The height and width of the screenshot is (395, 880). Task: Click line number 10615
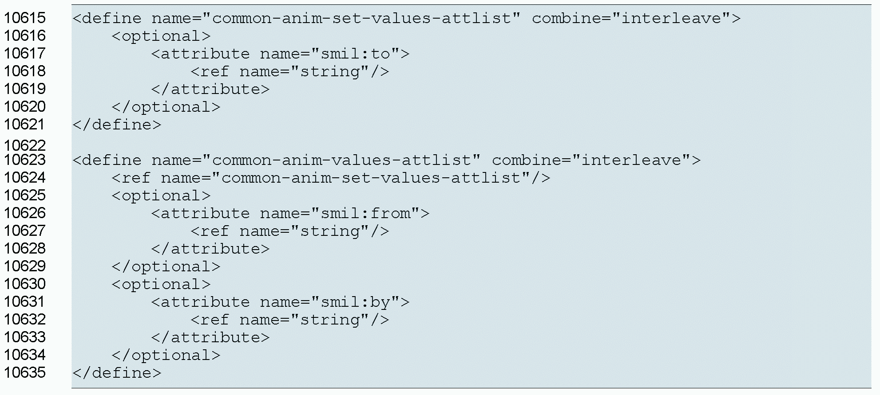click(25, 18)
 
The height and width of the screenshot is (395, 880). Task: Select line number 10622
click(25, 145)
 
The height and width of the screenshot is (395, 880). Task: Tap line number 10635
click(25, 373)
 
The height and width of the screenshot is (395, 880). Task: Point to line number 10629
click(25, 266)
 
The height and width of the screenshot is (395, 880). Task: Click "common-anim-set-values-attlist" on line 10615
click(361, 19)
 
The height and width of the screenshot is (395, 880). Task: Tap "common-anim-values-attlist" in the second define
click(341, 160)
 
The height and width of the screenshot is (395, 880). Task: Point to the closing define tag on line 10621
click(117, 125)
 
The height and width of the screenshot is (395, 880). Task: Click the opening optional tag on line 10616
click(161, 36)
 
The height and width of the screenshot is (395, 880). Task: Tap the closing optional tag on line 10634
click(166, 356)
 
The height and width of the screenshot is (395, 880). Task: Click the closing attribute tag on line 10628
click(210, 249)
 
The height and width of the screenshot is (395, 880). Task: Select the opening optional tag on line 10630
click(161, 285)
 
